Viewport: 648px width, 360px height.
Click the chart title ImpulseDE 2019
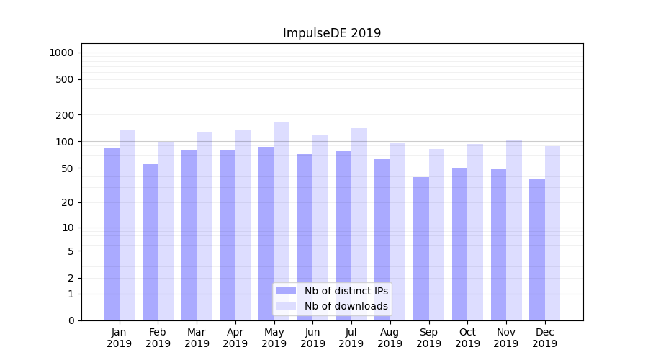[331, 33]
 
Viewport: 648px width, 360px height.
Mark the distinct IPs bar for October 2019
[460, 244]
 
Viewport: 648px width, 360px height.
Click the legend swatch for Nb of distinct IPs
[286, 291]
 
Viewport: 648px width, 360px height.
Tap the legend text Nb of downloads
[346, 306]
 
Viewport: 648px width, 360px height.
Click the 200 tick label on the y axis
[65, 115]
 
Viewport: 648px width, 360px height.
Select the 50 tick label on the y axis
[68, 168]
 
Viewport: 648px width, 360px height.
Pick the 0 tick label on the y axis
[71, 320]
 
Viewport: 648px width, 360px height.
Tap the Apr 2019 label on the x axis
[235, 338]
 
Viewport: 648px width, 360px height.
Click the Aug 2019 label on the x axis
[390, 338]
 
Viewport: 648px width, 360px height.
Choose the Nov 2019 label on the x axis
[506, 338]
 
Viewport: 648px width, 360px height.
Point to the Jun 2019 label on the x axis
[312, 338]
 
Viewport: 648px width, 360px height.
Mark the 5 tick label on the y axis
[71, 251]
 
